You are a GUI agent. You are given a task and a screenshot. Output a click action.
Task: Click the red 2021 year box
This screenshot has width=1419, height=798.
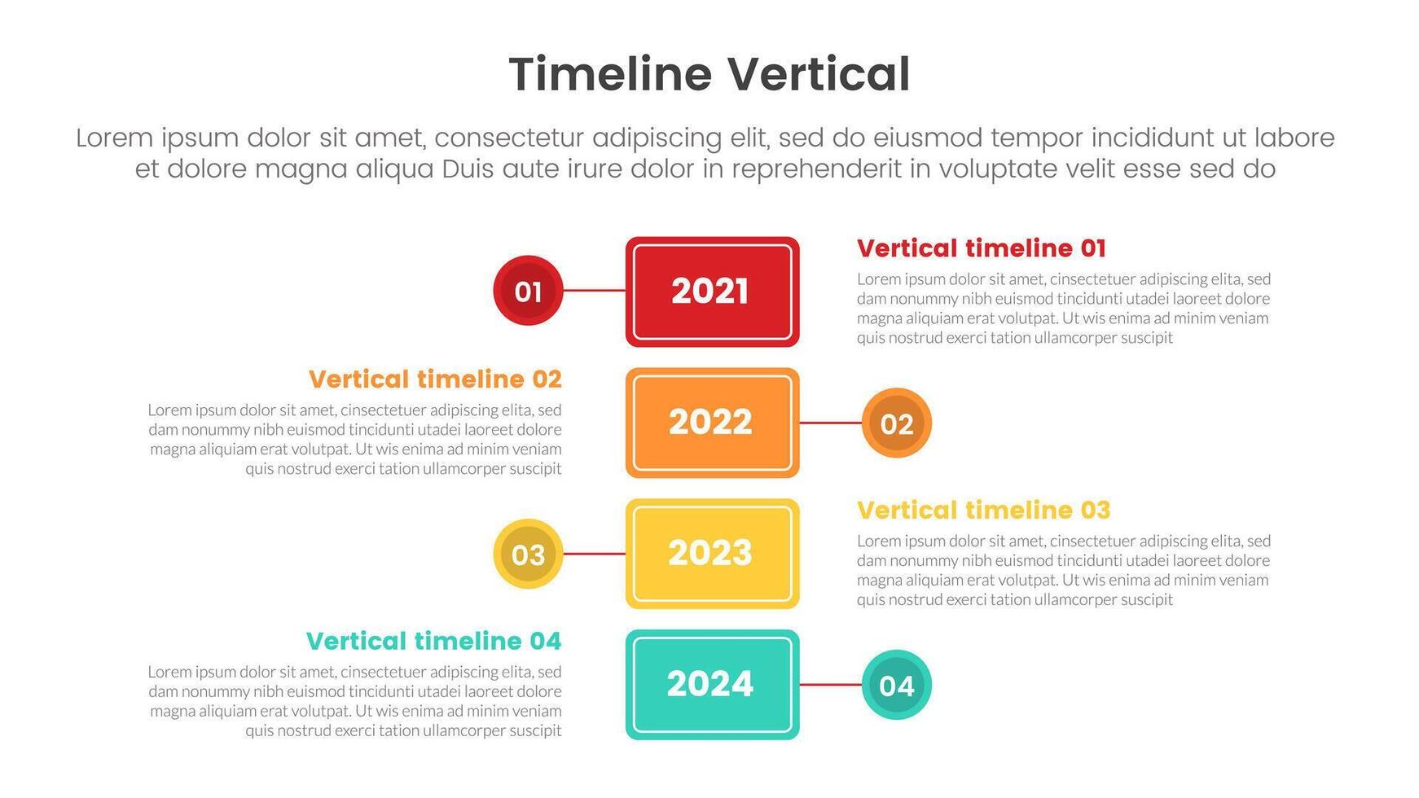[712, 292]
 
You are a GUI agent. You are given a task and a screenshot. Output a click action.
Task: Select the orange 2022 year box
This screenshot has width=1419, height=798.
[712, 423]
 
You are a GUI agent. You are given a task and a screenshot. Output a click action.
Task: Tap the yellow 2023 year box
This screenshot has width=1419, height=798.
[712, 554]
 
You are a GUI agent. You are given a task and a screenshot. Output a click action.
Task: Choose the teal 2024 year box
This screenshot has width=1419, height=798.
[712, 685]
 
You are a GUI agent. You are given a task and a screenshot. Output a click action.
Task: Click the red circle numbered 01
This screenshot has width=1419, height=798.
[528, 291]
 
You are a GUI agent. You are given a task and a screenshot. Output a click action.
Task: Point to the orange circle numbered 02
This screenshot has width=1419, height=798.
[896, 423]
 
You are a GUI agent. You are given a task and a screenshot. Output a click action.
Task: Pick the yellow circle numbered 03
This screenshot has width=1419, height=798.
[528, 554]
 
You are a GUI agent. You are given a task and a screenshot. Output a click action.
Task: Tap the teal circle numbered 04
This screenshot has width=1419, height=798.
[896, 685]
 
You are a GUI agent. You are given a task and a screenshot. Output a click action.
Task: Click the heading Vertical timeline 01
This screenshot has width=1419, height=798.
[982, 248]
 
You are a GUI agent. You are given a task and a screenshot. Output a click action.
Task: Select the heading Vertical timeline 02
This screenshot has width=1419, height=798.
[435, 379]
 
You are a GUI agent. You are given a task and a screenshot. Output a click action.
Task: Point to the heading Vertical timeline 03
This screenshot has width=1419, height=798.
[983, 511]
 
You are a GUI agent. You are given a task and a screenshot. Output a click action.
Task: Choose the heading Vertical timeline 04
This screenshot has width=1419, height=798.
[434, 642]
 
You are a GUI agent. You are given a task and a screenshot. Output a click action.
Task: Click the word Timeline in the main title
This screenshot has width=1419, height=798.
[610, 74]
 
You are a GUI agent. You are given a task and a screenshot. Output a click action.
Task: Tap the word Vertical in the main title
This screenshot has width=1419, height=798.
[819, 74]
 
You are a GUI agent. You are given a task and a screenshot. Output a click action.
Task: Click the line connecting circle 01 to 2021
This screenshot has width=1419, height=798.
[595, 291]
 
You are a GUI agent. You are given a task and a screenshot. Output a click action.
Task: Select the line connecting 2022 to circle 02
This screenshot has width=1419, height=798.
[830, 423]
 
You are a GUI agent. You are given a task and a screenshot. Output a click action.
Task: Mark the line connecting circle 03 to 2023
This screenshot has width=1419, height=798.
[595, 554]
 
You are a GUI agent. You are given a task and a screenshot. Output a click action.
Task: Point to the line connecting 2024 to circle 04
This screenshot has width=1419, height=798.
[830, 685]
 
